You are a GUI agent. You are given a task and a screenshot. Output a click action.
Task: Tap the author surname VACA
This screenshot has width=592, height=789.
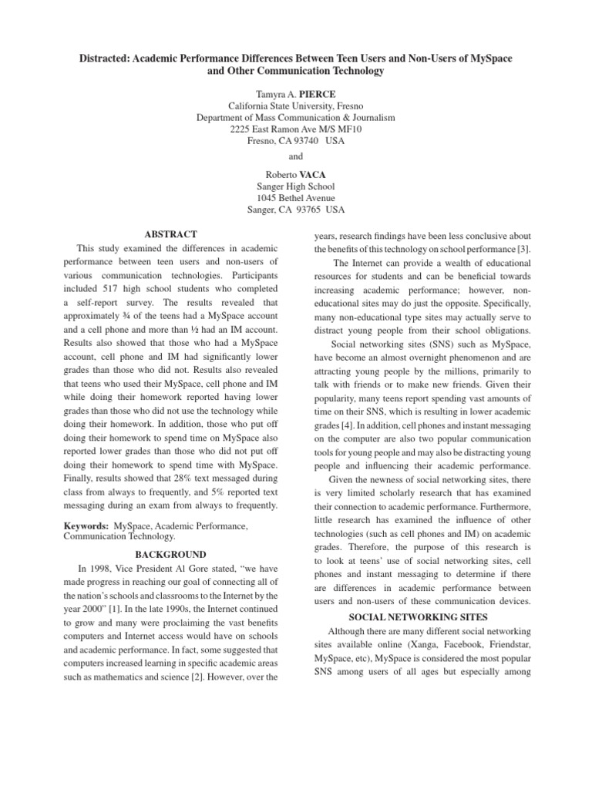315,174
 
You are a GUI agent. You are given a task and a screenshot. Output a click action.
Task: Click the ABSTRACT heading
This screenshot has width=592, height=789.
171,234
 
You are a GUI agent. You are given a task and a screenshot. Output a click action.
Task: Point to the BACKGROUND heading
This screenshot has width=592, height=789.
171,554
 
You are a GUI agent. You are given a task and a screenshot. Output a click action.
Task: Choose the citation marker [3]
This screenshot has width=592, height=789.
526,250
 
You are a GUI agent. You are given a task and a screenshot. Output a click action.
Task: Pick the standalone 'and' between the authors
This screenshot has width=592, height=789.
296,157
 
